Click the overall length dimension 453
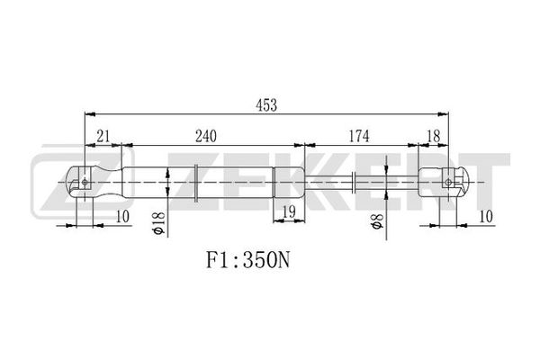click(266, 105)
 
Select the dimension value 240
click(206, 137)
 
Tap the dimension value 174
click(359, 136)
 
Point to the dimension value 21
click(103, 137)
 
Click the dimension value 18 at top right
click(433, 136)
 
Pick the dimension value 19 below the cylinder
click(289, 211)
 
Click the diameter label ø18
click(158, 223)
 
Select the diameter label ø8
click(377, 221)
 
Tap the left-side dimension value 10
click(122, 217)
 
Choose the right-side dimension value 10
click(486, 217)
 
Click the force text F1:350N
click(248, 260)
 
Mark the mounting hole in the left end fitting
click(85, 182)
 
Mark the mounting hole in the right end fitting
click(448, 182)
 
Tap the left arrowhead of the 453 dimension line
click(90, 114)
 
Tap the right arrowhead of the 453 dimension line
click(443, 114)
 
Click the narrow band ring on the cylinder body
click(196, 182)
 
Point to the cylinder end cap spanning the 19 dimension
click(289, 182)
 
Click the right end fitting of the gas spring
click(444, 182)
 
